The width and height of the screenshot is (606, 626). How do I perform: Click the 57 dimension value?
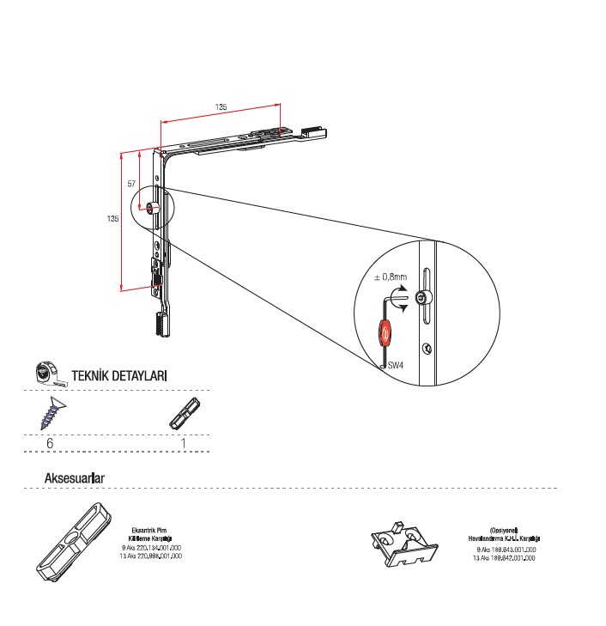130,185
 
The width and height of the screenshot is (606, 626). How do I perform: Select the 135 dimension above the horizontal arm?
221,107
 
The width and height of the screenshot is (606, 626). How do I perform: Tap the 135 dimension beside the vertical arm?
112,219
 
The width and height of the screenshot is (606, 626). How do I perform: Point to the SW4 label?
396,366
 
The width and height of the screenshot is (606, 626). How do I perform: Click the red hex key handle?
385,331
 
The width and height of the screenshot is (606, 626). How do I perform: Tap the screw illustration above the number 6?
51,412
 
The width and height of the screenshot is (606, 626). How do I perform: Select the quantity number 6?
51,443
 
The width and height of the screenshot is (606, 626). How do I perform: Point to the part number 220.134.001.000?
155,547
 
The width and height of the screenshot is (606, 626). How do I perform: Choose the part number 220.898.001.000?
155,556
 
